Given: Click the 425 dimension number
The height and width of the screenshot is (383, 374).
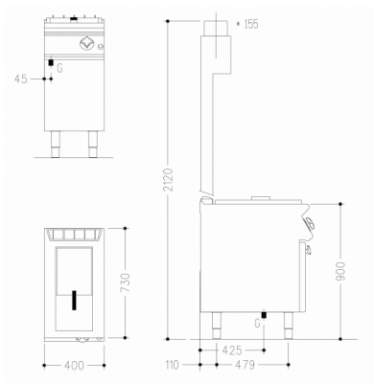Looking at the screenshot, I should [231, 351].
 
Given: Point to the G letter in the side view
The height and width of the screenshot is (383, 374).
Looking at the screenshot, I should [256, 324].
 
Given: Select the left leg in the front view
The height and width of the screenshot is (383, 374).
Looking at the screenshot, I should [54, 143].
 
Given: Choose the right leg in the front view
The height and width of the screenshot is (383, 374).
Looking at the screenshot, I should [93, 143].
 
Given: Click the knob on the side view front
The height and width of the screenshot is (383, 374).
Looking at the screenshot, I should [309, 223].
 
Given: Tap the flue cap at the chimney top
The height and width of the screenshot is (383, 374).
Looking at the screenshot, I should [218, 26].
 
